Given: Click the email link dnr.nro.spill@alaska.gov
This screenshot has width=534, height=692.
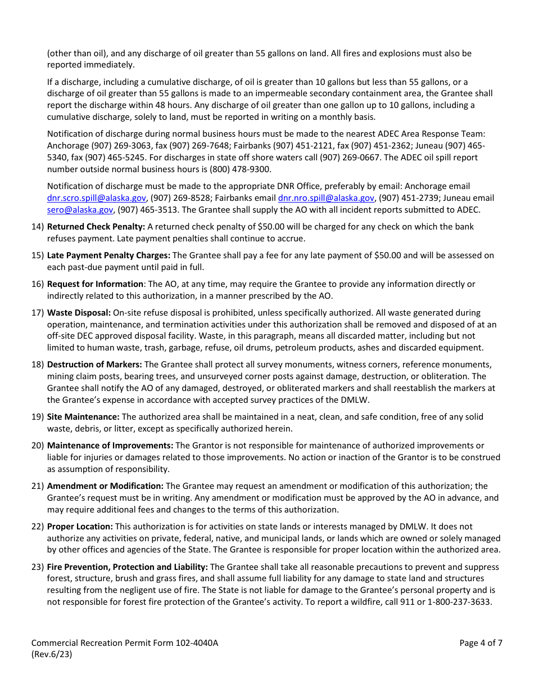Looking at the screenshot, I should point(326,198).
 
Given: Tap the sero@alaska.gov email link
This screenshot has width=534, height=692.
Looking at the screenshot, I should point(80,209).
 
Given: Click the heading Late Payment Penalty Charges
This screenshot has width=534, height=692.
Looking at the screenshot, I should point(108,255).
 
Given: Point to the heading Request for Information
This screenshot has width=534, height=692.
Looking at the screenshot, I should point(95,284).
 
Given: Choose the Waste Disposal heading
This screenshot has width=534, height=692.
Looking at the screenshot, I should point(79,313).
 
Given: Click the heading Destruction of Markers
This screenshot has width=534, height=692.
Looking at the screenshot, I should point(94,365).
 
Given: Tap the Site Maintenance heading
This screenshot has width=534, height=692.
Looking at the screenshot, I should point(83,417).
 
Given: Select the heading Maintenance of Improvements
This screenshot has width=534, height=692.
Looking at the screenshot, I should point(110,446).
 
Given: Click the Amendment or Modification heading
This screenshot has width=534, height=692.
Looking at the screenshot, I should point(105,486).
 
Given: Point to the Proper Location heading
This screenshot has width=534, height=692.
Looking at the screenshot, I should point(80,527).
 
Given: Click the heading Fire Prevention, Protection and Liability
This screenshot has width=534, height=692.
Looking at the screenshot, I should point(127,567).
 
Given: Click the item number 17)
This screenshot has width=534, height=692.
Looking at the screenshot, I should point(38,313).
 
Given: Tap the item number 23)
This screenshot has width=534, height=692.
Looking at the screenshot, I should point(38,567).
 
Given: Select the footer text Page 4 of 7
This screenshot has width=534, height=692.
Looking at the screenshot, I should point(481,643).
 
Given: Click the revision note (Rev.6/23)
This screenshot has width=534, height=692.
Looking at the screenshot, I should point(52,654).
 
